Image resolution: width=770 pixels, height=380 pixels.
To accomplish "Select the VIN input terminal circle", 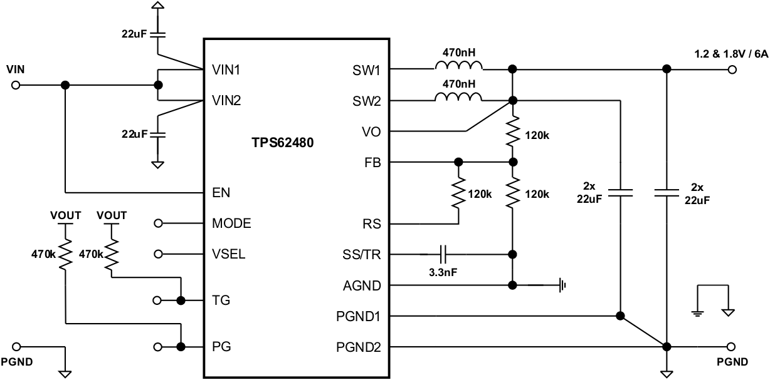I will [x=16, y=85].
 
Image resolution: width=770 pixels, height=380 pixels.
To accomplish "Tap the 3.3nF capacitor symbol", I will [x=443, y=254].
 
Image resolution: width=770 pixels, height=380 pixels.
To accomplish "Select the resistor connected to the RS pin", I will [x=459, y=195].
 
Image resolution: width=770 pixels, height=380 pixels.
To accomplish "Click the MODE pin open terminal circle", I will [x=159, y=223].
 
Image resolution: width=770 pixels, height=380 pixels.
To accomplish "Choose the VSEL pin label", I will [x=229, y=254].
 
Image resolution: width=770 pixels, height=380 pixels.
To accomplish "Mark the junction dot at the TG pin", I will [x=182, y=300].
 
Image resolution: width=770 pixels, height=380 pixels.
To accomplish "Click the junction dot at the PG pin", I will [x=182, y=346].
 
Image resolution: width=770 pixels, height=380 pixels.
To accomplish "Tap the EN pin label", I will [x=221, y=192].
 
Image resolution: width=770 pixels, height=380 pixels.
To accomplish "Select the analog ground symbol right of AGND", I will [x=562, y=285].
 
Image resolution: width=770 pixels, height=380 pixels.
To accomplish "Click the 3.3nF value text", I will [x=443, y=274].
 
